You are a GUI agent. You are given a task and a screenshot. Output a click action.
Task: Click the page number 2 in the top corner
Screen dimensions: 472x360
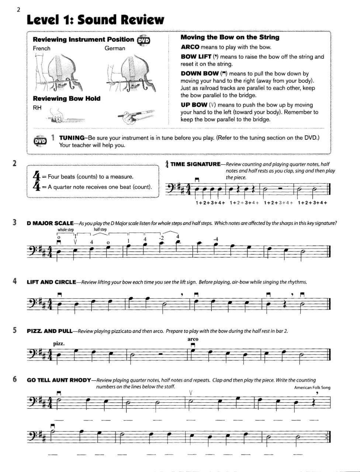click(x=18, y=10)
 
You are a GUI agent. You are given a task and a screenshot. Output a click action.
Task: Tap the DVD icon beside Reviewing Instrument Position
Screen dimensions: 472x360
click(x=143, y=41)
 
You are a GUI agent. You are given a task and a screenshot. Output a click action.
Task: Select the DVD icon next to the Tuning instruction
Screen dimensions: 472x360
click(x=40, y=141)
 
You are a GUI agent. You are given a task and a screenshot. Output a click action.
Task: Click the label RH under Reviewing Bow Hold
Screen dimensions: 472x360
click(x=37, y=108)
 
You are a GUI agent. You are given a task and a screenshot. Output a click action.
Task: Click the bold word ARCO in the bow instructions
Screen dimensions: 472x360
click(x=190, y=47)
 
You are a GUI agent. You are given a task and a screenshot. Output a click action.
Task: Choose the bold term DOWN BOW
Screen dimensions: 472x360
click(x=199, y=73)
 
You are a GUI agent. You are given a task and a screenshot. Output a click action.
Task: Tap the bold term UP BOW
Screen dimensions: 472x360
click(x=194, y=105)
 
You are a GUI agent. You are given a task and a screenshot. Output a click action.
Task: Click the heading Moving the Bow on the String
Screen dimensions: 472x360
click(x=230, y=37)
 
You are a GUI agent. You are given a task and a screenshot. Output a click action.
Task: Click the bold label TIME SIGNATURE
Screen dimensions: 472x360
click(x=195, y=164)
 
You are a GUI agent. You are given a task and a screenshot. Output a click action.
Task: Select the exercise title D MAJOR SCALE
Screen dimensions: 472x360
click(x=50, y=223)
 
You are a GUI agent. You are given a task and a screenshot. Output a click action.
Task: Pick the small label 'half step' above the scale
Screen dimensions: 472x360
click(x=100, y=229)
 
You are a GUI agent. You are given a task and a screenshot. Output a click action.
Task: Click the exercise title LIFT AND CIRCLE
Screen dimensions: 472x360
click(x=51, y=282)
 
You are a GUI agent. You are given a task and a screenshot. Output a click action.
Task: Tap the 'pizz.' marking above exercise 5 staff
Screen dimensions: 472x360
click(x=59, y=344)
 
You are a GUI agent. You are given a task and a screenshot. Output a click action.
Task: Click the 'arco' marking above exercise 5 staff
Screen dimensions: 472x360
click(x=193, y=339)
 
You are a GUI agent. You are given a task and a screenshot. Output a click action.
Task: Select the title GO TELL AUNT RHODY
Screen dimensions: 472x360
click(x=59, y=380)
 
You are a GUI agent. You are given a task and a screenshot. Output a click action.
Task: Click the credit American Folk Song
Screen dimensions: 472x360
click(x=312, y=388)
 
